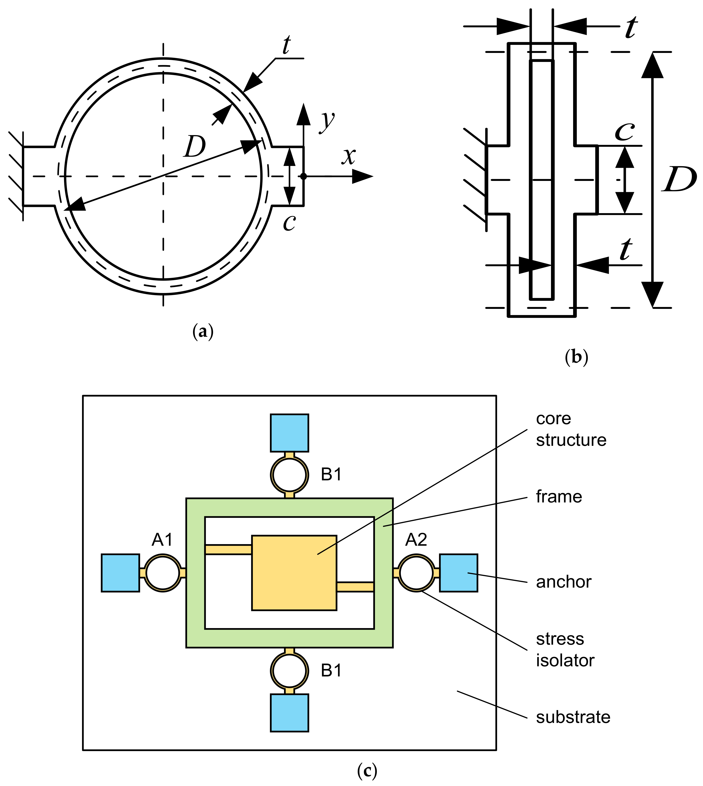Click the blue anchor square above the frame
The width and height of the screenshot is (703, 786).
(x=289, y=432)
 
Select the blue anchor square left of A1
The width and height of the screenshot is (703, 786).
(x=120, y=573)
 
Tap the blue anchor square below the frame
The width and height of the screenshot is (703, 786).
(x=289, y=713)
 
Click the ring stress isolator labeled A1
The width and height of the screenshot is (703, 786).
(x=163, y=573)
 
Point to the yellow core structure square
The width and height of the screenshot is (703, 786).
(x=294, y=573)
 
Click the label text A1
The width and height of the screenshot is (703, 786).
(x=162, y=539)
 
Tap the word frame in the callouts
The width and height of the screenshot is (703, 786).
(x=559, y=497)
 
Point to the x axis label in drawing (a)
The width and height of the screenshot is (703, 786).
(x=349, y=156)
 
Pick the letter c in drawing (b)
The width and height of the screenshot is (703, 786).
(x=625, y=132)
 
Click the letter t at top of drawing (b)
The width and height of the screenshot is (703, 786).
(x=631, y=28)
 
